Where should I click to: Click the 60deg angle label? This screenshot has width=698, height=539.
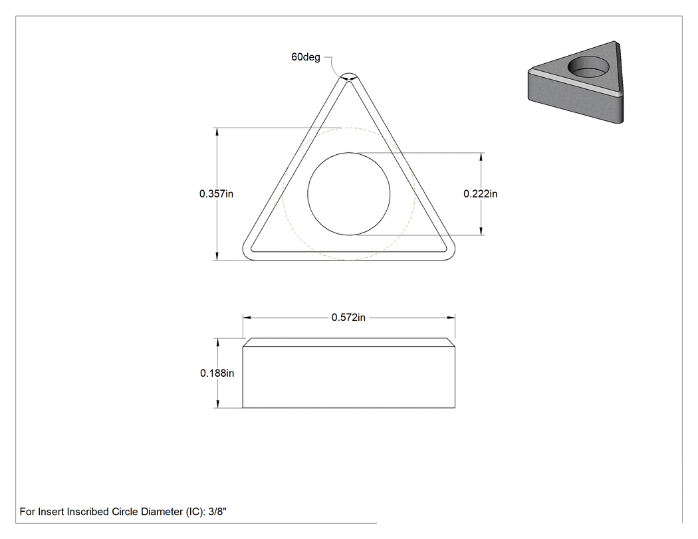(305, 57)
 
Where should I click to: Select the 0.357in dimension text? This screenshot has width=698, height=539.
(216, 193)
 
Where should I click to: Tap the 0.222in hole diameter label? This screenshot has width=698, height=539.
(481, 193)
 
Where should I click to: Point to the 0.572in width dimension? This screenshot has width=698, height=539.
(348, 317)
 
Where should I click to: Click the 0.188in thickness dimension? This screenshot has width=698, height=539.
(217, 373)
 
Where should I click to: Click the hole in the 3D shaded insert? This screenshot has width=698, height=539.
(588, 67)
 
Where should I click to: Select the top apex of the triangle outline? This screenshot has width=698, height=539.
(348, 72)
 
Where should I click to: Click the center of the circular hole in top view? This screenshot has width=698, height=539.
(348, 193)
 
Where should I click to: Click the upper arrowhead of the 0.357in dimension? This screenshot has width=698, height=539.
(217, 132)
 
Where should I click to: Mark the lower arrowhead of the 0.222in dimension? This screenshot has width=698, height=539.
(481, 231)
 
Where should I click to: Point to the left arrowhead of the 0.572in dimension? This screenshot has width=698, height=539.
(247, 317)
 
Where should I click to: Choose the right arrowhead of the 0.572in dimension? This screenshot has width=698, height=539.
(451, 317)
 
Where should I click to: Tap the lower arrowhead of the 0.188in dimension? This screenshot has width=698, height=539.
(217, 403)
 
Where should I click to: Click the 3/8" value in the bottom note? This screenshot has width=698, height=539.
(217, 511)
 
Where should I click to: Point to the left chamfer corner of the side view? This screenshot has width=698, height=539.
(246, 342)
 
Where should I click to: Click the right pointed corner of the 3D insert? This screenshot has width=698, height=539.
(616, 42)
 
